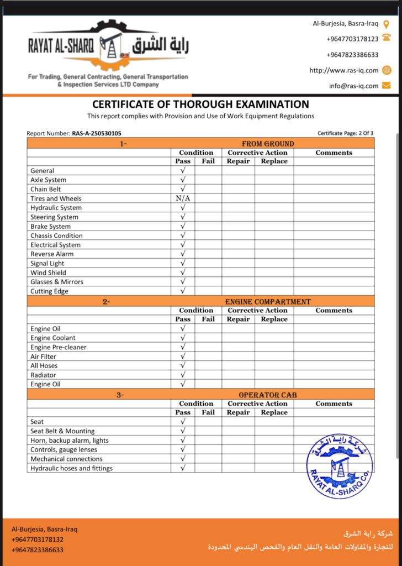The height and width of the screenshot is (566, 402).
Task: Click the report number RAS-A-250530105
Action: [97, 133]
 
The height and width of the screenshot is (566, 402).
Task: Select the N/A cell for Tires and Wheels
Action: [183, 198]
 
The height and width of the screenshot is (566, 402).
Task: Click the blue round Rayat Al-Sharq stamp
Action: [340, 467]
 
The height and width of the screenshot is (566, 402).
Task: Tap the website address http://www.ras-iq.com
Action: [343, 70]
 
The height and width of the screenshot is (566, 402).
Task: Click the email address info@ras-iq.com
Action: [353, 86]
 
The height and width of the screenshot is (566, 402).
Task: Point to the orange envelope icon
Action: [387, 85]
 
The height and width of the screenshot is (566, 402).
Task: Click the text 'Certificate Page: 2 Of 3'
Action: [345, 133]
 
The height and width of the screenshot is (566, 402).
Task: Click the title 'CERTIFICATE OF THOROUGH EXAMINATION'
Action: [200, 104]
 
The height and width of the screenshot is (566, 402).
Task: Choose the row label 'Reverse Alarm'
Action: [52, 254]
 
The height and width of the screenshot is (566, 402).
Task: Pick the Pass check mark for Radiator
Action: [183, 375]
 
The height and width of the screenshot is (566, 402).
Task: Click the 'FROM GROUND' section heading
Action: [268, 144]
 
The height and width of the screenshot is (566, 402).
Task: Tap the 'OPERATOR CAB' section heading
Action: [268, 395]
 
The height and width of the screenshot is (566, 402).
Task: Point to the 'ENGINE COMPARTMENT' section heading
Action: [268, 302]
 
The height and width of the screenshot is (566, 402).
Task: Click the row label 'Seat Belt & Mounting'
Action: [62, 431]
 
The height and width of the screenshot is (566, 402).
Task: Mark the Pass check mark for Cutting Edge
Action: [183, 291]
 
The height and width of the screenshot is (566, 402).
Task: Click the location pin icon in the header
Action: [387, 23]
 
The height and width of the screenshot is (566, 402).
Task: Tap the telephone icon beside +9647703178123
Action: [387, 38]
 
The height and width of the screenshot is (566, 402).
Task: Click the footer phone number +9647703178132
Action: [37, 539]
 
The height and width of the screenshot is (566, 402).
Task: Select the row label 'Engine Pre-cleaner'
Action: [59, 347]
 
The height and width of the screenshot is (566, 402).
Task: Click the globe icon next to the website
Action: [387, 70]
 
